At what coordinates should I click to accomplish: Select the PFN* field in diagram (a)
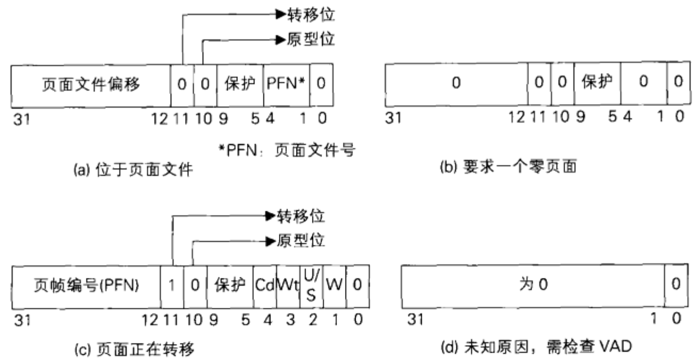(286, 85)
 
